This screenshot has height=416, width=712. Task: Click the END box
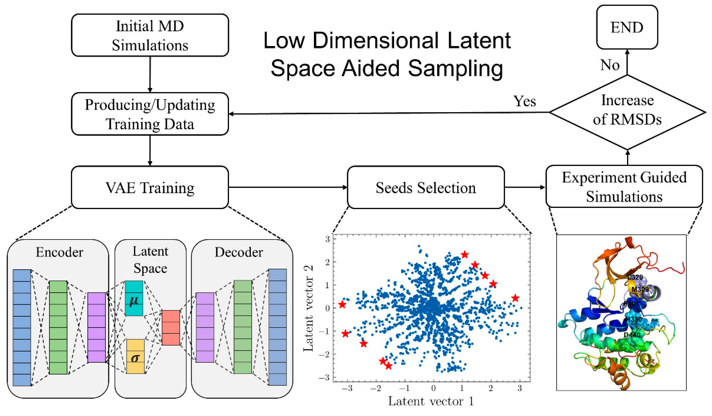click(x=627, y=27)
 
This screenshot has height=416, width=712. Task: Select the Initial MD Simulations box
click(x=150, y=35)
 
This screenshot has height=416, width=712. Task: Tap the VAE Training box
click(x=150, y=187)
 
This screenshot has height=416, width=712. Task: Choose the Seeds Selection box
click(x=426, y=187)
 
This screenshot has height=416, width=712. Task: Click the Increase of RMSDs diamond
click(x=627, y=112)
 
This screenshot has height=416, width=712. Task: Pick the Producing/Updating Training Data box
click(x=150, y=114)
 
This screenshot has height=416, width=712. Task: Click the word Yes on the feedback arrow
click(x=524, y=101)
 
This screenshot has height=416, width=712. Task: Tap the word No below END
click(x=610, y=65)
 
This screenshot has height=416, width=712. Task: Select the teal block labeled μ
click(x=134, y=298)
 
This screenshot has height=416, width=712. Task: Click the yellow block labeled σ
click(x=135, y=356)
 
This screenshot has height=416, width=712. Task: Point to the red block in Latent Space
click(x=171, y=328)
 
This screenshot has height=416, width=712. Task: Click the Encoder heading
click(x=59, y=252)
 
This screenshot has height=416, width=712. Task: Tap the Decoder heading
click(x=239, y=252)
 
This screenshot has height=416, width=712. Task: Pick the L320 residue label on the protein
click(x=635, y=277)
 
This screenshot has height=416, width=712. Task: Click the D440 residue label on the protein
click(x=632, y=335)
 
